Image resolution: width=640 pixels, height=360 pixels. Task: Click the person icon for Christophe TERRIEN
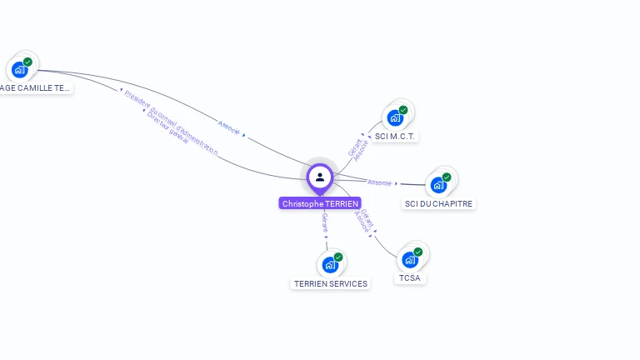point(320,177)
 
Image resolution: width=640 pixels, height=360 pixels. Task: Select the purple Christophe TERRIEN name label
point(320,203)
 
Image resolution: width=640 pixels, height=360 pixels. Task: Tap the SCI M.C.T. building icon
point(396,117)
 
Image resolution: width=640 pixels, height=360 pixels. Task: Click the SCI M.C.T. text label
point(395,136)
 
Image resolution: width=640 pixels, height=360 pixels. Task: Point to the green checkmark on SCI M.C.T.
point(403,110)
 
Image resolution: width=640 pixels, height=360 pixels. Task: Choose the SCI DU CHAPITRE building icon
point(439,184)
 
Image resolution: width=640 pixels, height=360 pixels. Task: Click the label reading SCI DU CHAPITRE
point(439,203)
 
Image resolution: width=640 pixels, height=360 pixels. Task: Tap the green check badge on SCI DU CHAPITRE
point(447,177)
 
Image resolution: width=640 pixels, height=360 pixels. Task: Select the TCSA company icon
point(410,259)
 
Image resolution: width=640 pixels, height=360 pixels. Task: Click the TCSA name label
point(409,277)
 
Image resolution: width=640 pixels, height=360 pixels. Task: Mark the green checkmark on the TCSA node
point(417,252)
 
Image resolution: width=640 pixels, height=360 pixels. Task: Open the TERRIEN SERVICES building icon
point(331,265)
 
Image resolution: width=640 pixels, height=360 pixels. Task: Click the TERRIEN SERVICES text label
point(331,283)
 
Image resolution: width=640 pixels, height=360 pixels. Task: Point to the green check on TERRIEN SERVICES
point(338,257)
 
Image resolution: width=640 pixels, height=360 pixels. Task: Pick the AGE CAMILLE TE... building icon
point(20,69)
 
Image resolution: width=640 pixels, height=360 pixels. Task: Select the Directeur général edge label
point(167,127)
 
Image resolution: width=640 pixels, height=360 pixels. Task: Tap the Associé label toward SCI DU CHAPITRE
point(379,182)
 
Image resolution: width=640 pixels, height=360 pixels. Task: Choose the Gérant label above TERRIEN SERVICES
point(325,221)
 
